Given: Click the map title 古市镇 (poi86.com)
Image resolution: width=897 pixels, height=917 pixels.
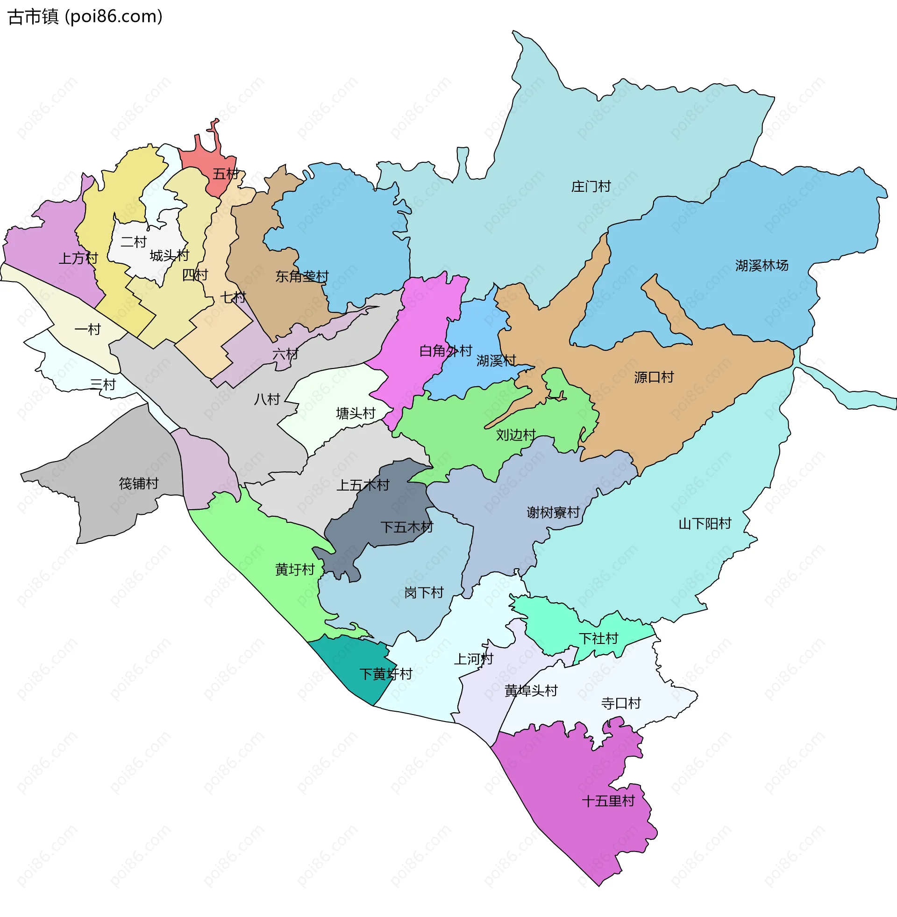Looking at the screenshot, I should (85, 17).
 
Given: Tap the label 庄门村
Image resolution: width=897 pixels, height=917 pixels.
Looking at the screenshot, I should (591, 187).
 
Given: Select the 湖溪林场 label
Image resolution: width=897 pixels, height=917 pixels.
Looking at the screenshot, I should (762, 266).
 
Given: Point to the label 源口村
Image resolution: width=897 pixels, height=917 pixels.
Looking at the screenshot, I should (654, 377).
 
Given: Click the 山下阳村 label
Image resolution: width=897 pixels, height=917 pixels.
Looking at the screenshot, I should (705, 524).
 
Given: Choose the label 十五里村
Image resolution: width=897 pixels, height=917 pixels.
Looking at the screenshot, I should (608, 801).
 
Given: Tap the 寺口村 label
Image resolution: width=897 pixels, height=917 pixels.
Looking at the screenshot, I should (621, 703).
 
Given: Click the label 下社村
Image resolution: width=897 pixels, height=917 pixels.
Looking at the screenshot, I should (598, 639).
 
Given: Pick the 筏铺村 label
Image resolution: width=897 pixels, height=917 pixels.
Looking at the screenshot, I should (138, 484).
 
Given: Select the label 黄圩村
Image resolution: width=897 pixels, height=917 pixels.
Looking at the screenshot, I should (295, 570).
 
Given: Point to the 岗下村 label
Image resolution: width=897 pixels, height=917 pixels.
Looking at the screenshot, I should (424, 592).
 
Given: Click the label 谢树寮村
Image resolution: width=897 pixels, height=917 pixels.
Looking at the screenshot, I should (553, 513).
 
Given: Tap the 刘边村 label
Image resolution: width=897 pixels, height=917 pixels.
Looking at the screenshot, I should (516, 435).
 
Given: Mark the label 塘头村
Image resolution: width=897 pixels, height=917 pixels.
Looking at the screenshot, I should (356, 413).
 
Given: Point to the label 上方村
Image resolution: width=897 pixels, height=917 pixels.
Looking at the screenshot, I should (78, 259).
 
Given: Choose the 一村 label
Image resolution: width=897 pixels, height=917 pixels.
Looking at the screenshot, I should (88, 330).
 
